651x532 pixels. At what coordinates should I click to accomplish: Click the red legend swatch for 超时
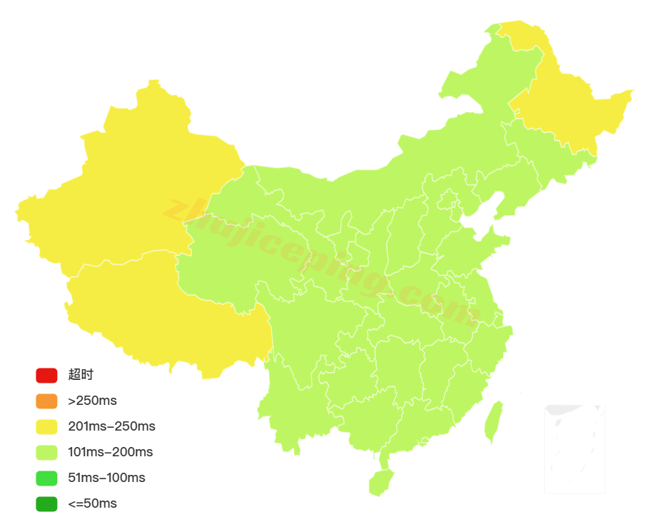click(x=46, y=375)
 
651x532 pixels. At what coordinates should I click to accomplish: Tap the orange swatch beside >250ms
click(x=46, y=401)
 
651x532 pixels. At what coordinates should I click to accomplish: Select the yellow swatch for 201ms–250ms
click(x=46, y=426)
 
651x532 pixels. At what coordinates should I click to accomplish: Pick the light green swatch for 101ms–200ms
click(x=46, y=452)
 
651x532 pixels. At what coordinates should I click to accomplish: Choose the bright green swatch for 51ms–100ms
click(x=46, y=478)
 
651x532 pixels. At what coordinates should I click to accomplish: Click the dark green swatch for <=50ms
click(x=46, y=503)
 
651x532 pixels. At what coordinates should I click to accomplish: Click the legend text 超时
click(x=81, y=375)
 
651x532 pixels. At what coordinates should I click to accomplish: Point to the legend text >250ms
click(x=92, y=401)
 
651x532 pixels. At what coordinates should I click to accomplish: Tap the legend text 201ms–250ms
click(x=111, y=426)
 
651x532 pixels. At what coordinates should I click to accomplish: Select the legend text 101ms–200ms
click(x=110, y=452)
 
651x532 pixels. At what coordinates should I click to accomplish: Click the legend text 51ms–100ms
click(x=106, y=478)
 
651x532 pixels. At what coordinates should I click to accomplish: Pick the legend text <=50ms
click(x=92, y=503)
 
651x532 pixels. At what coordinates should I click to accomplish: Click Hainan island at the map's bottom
click(x=380, y=482)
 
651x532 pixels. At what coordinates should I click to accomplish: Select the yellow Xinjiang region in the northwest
click(x=128, y=186)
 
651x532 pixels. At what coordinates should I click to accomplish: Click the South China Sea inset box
click(x=575, y=448)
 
